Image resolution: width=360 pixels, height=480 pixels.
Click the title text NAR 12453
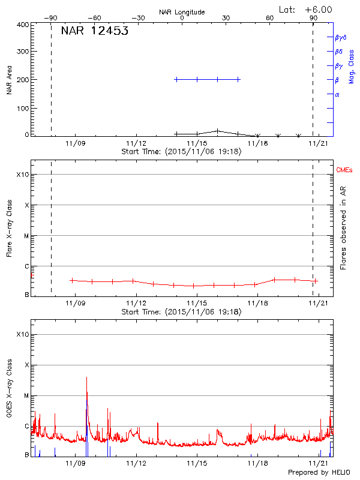pos(94,31)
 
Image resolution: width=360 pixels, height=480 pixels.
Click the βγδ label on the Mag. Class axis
pos(340,37)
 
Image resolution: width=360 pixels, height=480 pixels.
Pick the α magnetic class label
pos(337,94)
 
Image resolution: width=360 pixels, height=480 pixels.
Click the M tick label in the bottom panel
pos(26,395)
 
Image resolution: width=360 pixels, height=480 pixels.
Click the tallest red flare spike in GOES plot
pos(87,378)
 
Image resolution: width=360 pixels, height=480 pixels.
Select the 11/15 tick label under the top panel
pos(197,143)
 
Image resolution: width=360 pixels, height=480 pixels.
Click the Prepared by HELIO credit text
pos(318,473)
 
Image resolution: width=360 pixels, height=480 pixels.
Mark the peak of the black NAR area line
pos(217,130)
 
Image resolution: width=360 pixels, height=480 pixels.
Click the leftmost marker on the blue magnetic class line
pos(176,79)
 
